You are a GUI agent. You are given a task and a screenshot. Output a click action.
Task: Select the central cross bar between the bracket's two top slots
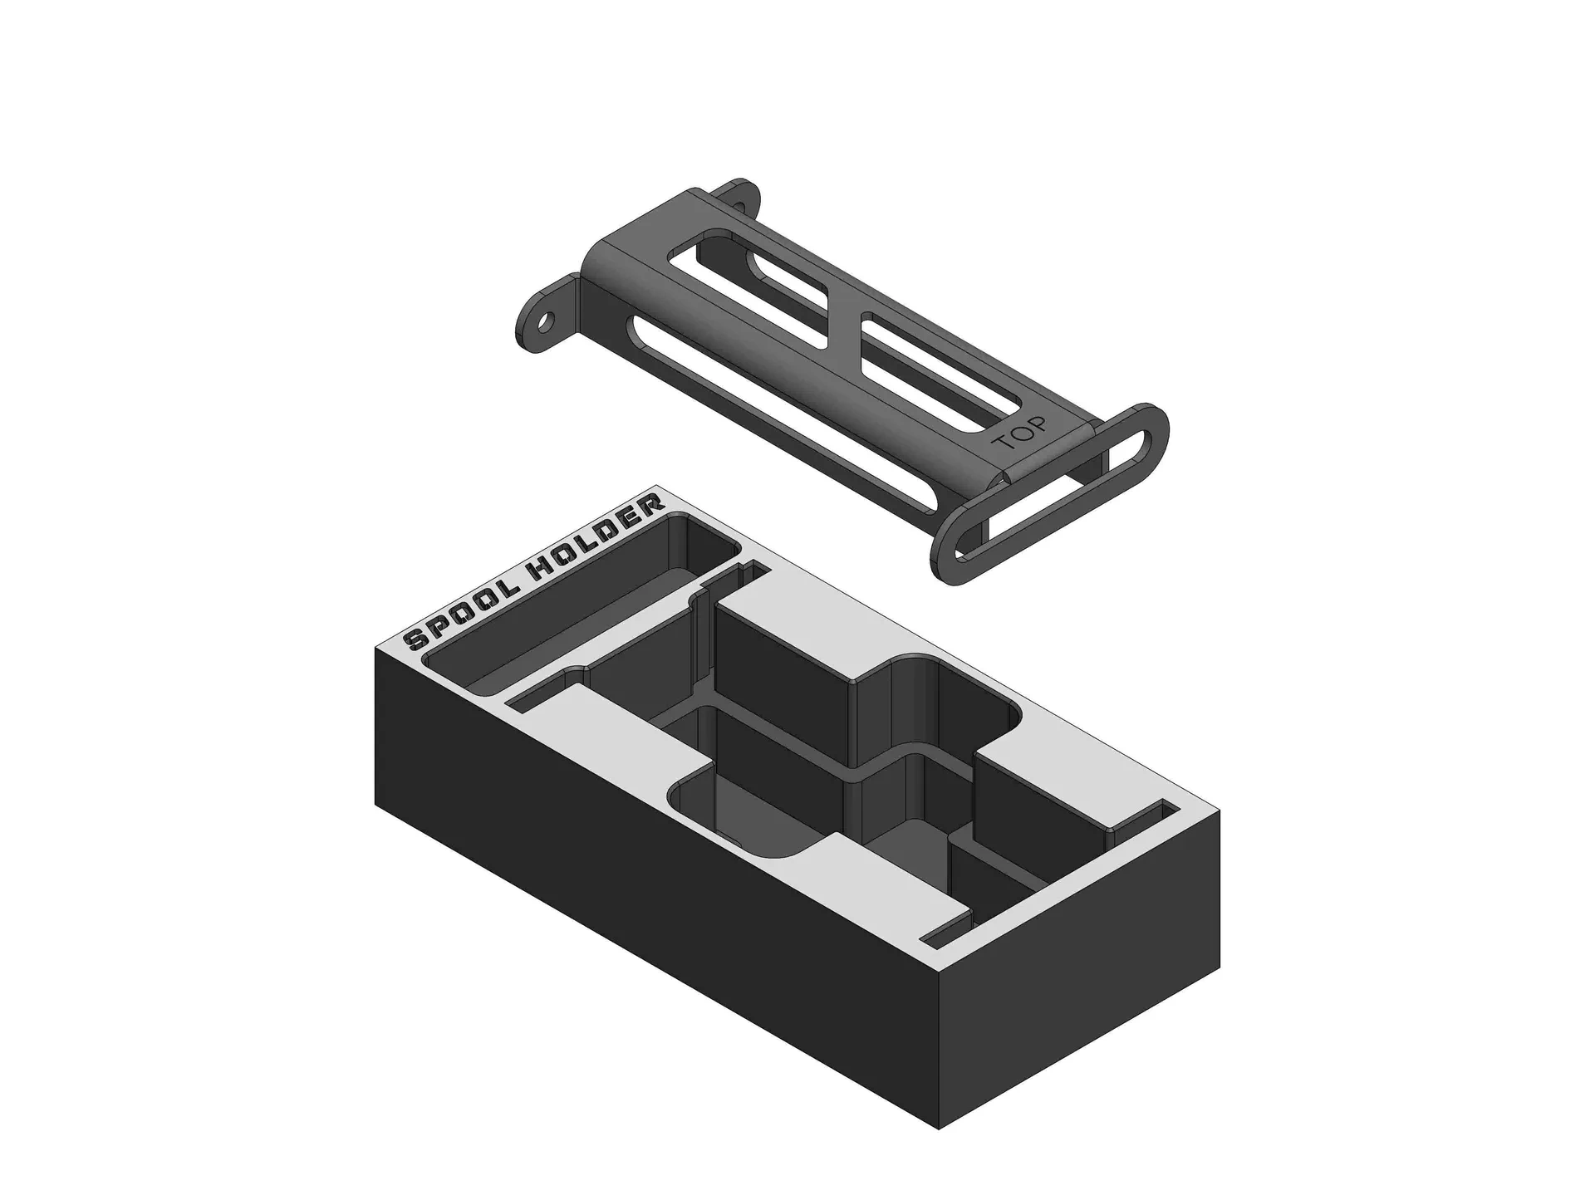pyautogui.click(x=844, y=332)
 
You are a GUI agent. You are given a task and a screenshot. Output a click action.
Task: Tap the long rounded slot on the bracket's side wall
pyautogui.click(x=748, y=390)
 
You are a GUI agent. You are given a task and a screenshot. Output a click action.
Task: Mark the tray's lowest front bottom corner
pyautogui.click(x=940, y=1129)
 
